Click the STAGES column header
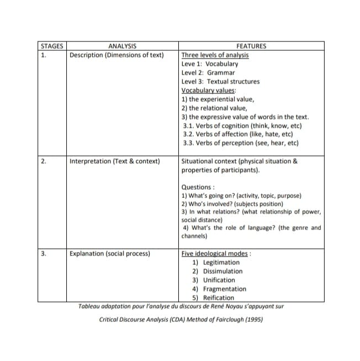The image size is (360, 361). tap(51, 46)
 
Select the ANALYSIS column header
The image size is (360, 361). tap(123, 46)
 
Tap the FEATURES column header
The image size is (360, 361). tap(251, 46)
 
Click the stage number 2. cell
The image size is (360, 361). tap(43, 161)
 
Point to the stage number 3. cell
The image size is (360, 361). tap(43, 254)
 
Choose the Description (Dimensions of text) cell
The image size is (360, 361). tap(117, 55)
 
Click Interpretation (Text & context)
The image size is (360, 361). tap(115, 161)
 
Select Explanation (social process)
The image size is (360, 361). tap(110, 254)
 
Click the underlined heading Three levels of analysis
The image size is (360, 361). tap(215, 55)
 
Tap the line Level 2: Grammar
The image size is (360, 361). tap(208, 73)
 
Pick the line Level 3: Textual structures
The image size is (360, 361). tap(220, 82)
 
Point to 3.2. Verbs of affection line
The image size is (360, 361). tap(237, 134)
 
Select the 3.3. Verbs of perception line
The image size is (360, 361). tap(240, 143)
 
